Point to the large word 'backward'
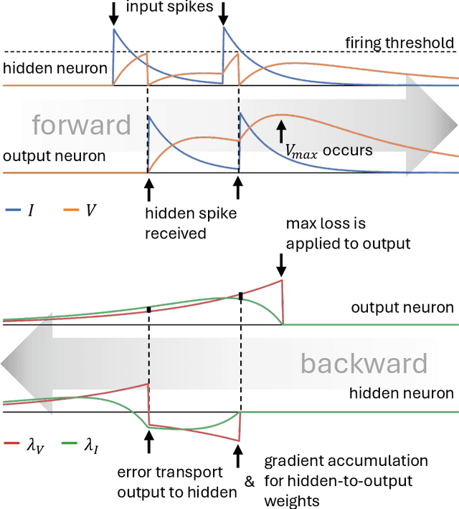[x=364, y=363]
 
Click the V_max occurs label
[x=328, y=151]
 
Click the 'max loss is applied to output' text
[x=348, y=235]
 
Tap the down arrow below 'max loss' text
[x=281, y=265]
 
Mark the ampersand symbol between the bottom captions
[x=249, y=482]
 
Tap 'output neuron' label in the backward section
[x=402, y=308]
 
